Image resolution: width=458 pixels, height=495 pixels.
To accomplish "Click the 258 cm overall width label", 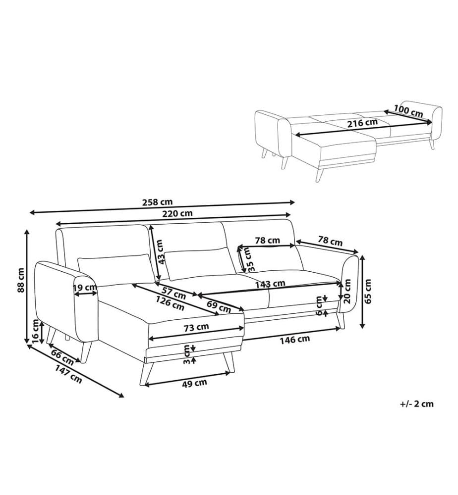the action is click(158, 202).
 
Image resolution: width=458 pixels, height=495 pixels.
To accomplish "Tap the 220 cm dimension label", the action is click(177, 213).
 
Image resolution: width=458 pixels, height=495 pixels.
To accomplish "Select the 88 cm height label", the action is click(21, 280).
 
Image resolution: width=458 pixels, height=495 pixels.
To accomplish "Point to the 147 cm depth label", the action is click(69, 374).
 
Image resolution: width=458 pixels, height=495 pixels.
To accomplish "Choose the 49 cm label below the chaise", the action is click(195, 383).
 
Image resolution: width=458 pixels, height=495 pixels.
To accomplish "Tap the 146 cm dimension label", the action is click(294, 340).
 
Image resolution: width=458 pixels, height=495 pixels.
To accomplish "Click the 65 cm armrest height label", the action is click(368, 291).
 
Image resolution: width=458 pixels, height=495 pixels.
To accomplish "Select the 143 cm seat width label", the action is click(270, 284).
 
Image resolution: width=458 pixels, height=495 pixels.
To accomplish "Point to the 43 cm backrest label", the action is click(161, 251).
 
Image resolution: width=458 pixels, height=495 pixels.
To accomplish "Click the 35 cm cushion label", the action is click(249, 259).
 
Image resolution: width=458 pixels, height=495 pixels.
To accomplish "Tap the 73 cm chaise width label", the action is click(196, 327).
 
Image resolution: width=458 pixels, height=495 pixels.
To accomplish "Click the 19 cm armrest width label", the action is click(85, 287).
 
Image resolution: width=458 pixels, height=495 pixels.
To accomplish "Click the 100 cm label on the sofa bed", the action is click(408, 110).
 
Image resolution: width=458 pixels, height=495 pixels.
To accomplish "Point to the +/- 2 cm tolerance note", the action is click(416, 404).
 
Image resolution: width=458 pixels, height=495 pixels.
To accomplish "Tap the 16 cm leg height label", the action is click(36, 331).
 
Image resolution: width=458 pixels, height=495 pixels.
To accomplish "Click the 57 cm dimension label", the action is click(173, 293).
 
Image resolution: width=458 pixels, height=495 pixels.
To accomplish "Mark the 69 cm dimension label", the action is click(219, 306).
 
